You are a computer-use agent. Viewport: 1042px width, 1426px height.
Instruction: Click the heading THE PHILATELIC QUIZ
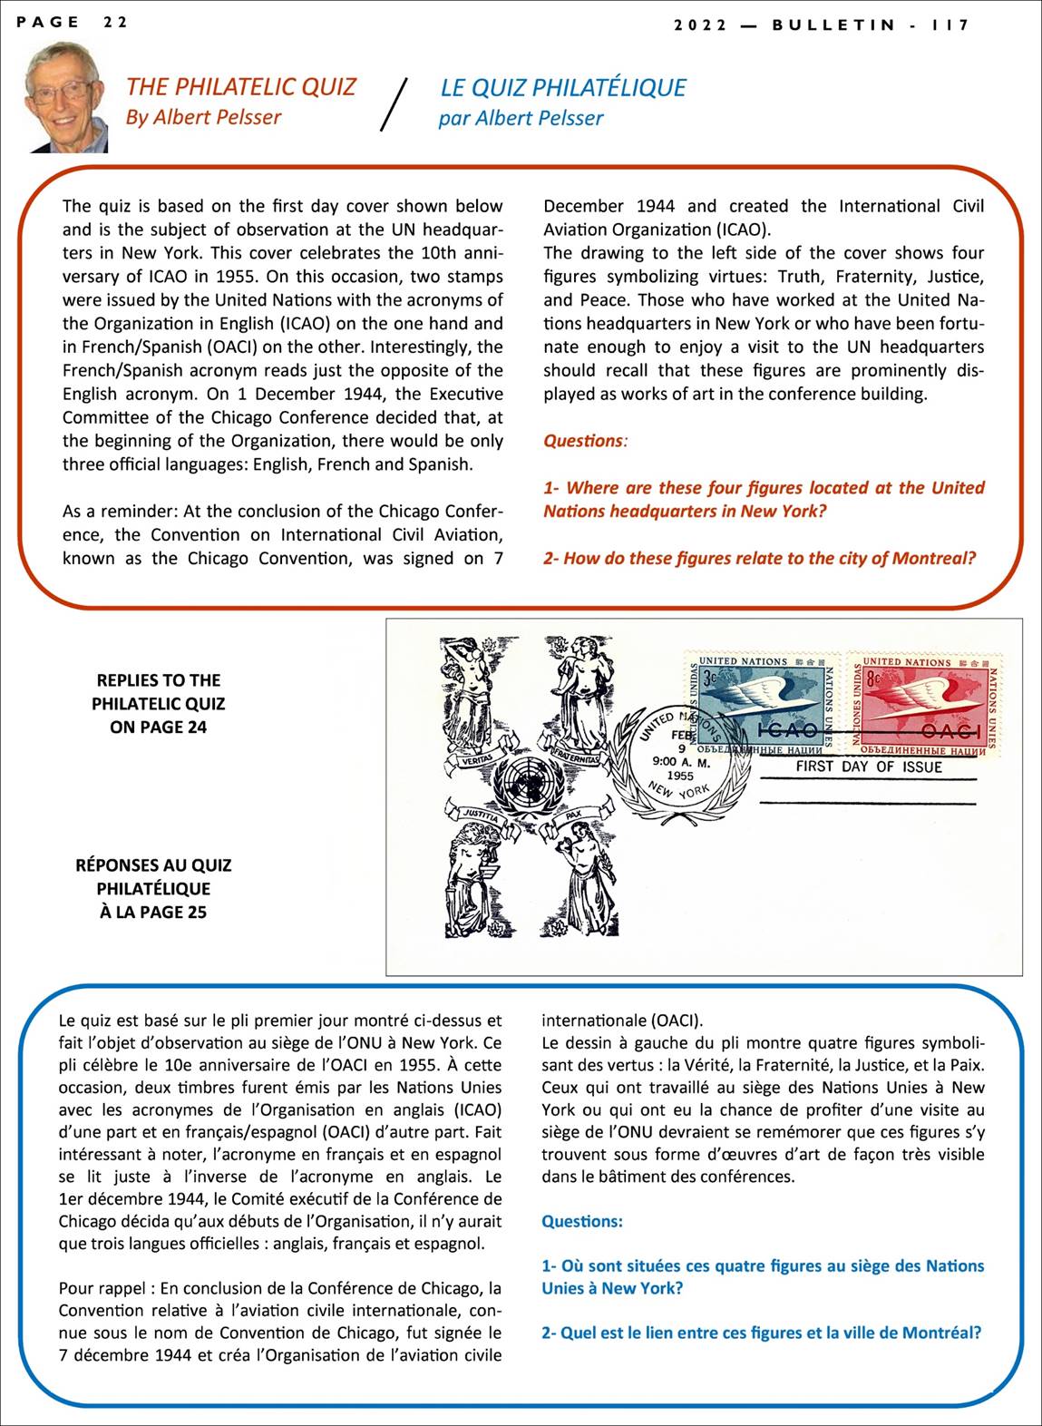(x=240, y=87)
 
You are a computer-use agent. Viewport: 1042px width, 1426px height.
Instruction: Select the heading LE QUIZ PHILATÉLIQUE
(x=562, y=87)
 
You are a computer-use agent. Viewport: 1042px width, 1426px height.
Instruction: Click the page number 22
(x=114, y=23)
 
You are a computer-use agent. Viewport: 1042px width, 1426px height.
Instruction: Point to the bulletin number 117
(x=950, y=24)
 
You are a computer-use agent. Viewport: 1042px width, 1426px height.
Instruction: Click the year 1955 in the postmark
(x=679, y=776)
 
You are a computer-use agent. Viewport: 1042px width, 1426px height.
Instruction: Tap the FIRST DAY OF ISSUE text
(x=868, y=767)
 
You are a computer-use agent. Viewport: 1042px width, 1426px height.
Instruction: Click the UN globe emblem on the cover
(x=532, y=780)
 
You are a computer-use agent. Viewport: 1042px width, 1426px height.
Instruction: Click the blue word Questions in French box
(x=581, y=1221)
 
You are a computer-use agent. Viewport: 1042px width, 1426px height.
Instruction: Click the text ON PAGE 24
(x=158, y=727)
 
